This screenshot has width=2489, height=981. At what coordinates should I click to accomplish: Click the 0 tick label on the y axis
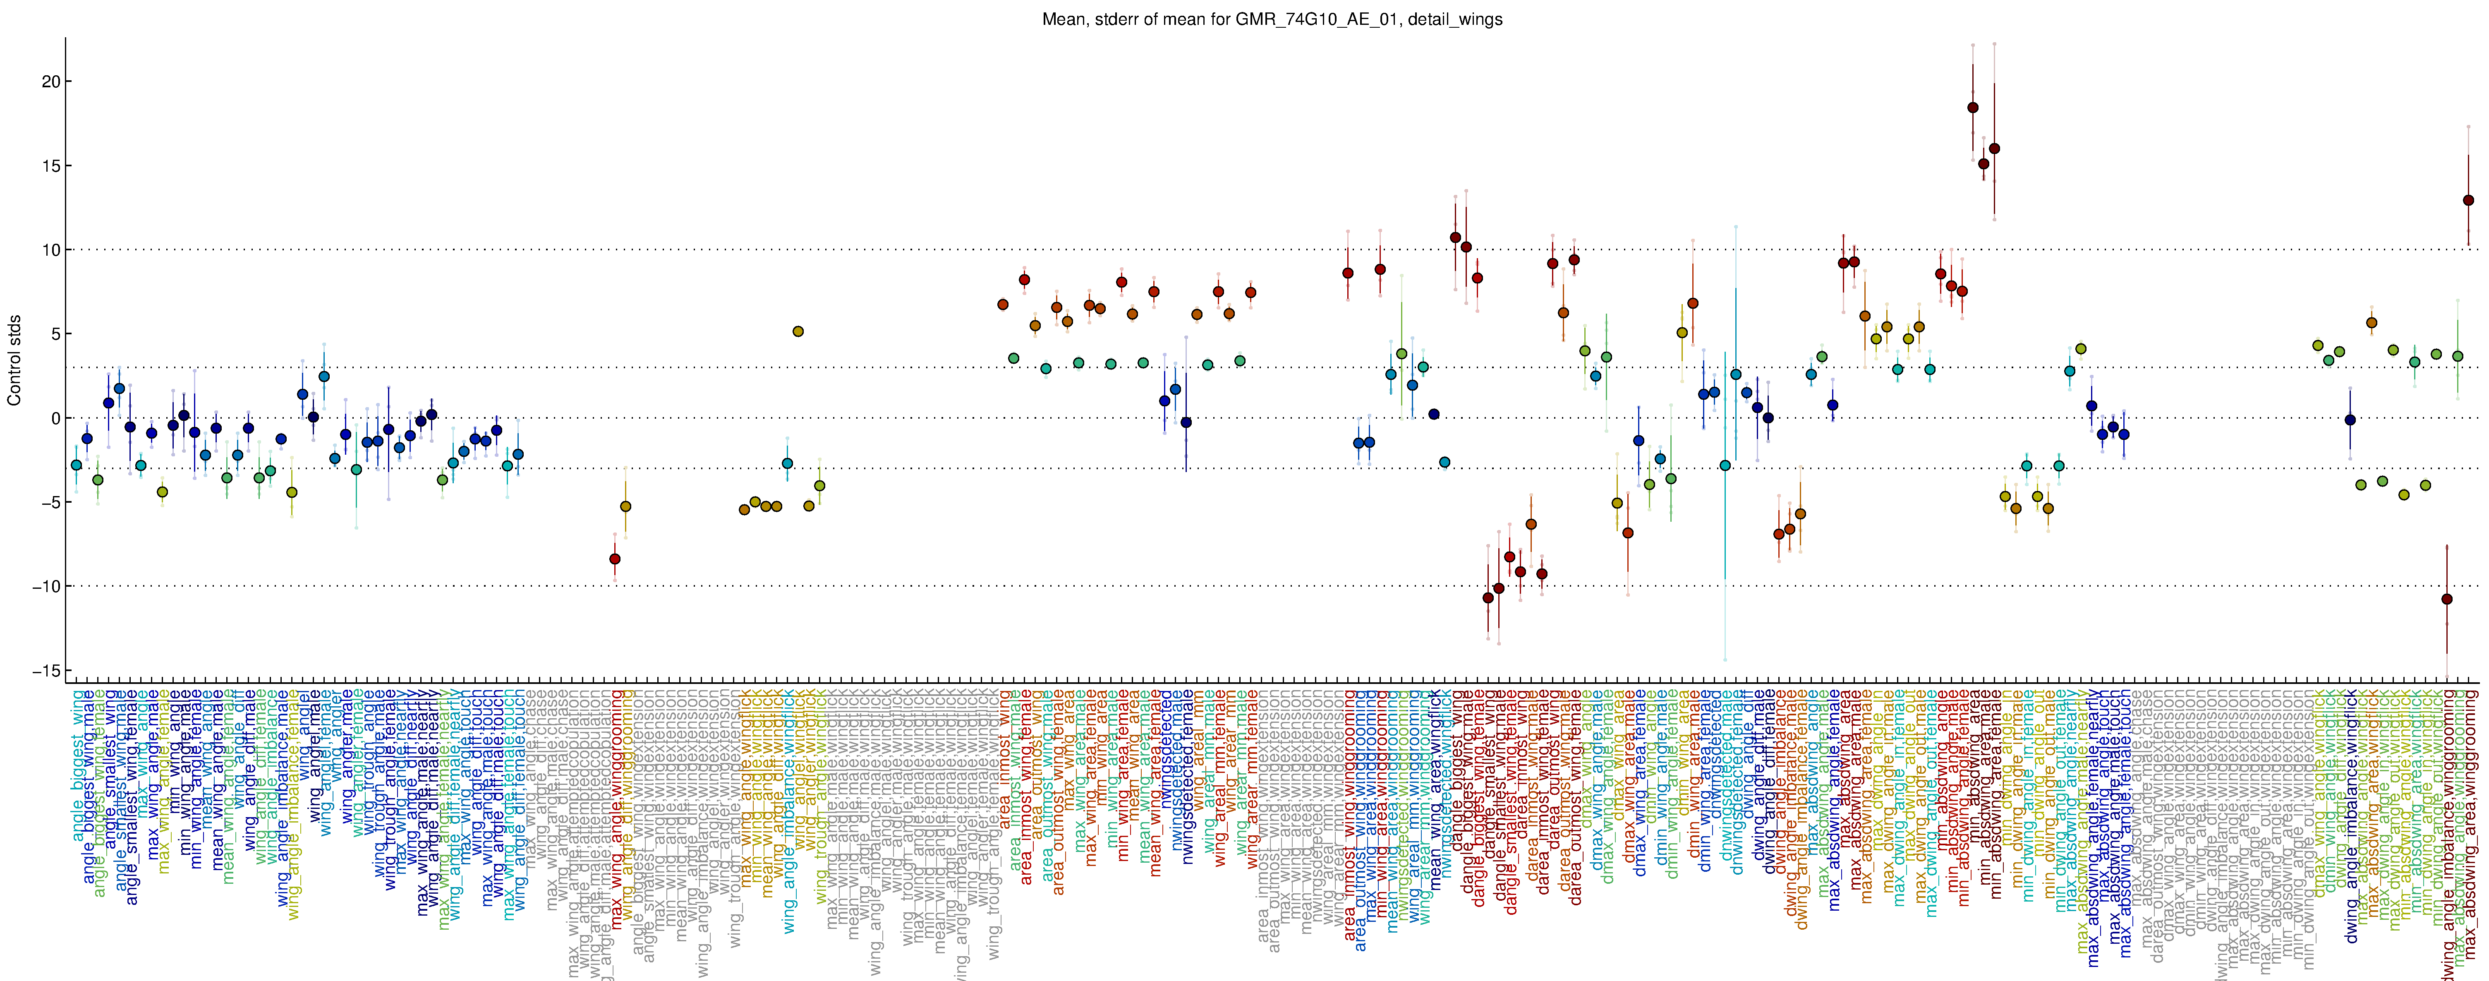(55, 418)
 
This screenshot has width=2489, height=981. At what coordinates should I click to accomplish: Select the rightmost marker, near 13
(2468, 200)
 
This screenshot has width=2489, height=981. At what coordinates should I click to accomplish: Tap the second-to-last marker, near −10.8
(2446, 599)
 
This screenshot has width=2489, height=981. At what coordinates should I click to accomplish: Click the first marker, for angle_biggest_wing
(77, 465)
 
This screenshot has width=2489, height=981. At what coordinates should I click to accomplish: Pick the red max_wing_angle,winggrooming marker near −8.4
(615, 559)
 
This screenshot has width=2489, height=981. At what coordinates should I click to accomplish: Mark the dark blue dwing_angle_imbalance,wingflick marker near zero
(2350, 420)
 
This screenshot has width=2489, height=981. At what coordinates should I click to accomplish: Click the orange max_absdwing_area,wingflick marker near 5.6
(2371, 323)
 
